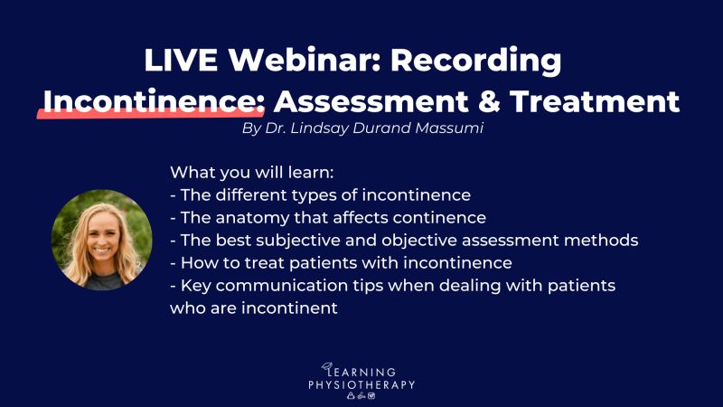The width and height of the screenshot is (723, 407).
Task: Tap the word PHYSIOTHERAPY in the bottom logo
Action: (361, 385)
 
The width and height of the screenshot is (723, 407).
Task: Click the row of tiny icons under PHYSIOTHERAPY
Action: (361, 396)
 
